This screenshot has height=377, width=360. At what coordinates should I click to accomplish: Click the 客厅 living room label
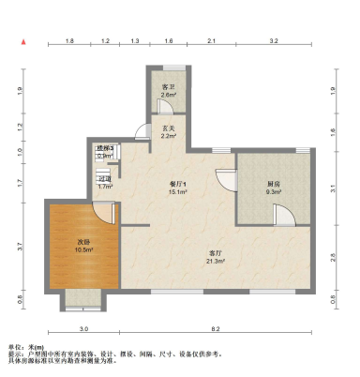pyautogui.click(x=214, y=253)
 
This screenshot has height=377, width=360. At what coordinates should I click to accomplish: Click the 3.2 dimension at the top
pyautogui.click(x=274, y=42)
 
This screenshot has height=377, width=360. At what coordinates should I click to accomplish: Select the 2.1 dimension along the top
pyautogui.click(x=212, y=42)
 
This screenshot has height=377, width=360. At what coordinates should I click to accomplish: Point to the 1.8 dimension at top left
pyautogui.click(x=69, y=42)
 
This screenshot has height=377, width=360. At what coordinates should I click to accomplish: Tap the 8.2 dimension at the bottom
pyautogui.click(x=215, y=329)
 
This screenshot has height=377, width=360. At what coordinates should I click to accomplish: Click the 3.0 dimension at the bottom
pyautogui.click(x=83, y=329)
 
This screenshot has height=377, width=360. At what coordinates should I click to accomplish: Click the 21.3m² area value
pyautogui.click(x=215, y=261)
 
